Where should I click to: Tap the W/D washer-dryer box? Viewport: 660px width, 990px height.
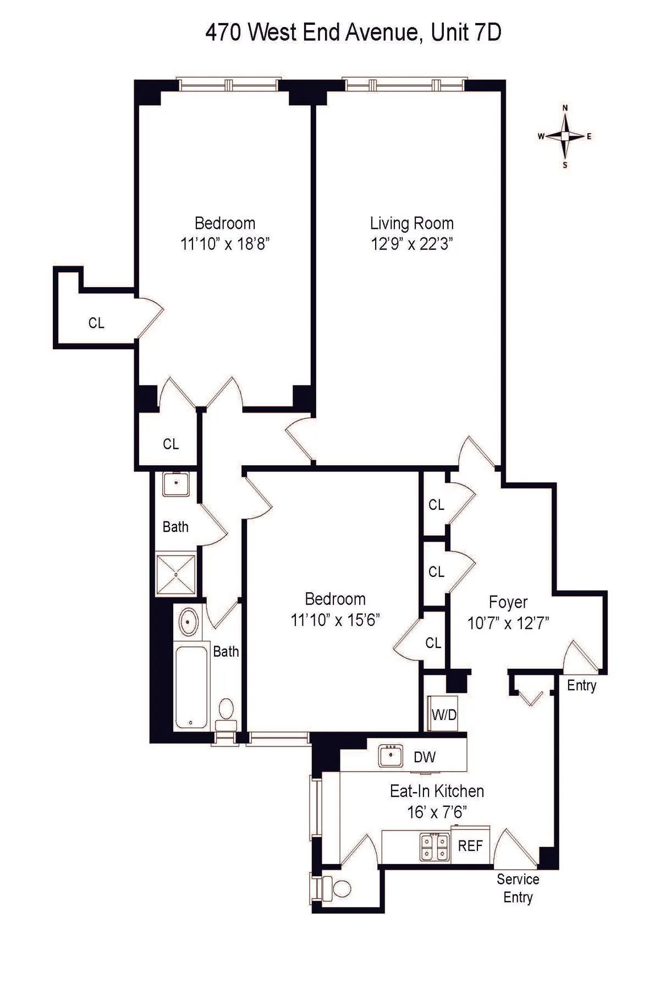[444, 714]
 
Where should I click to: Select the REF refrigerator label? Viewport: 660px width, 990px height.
[470, 846]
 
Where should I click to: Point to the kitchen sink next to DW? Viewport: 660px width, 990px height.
[391, 755]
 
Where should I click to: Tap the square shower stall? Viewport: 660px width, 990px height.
[175, 575]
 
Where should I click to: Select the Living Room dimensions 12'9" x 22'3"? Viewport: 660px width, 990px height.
[411, 244]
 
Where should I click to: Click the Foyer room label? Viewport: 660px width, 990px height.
[508, 602]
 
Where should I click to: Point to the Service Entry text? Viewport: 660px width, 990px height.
[518, 888]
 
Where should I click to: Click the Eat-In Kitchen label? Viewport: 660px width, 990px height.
[437, 791]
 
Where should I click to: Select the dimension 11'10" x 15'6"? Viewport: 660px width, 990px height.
[335, 620]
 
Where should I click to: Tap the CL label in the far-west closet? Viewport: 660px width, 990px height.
[96, 323]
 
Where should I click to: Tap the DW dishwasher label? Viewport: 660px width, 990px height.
[425, 757]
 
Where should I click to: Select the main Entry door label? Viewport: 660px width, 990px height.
[581, 685]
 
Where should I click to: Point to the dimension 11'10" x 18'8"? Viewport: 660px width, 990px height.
[224, 244]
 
